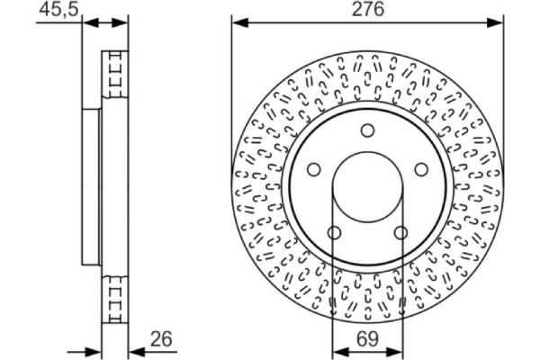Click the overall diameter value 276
366,10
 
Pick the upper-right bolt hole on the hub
419,168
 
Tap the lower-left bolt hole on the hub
334,233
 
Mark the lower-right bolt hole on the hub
400,233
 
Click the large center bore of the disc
366,189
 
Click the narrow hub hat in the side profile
91,186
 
